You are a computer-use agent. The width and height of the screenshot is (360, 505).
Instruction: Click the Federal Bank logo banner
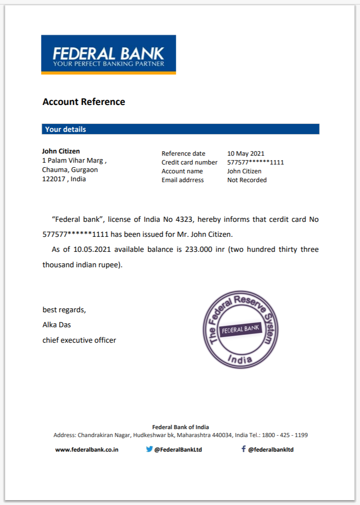coord(108,55)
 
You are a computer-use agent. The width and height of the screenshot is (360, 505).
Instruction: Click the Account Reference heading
coord(84,102)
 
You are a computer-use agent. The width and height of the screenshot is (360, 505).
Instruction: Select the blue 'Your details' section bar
coord(180,129)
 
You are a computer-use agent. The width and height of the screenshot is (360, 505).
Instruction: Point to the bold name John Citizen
coord(61,151)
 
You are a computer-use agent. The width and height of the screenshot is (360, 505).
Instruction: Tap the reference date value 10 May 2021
coord(245,153)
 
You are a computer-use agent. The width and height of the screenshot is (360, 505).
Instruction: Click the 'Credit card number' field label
coord(189,162)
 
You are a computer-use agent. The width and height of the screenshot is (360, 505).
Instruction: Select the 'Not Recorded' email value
coord(247,180)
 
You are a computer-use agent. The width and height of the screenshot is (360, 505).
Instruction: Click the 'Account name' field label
coord(182,171)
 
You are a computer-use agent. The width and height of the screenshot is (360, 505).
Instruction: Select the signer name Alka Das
coord(56,325)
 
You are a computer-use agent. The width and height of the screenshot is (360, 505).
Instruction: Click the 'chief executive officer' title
coord(79,340)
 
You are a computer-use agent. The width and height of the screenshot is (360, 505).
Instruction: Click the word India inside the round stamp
coord(240,359)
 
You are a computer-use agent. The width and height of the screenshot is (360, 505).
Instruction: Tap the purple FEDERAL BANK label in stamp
coord(241,329)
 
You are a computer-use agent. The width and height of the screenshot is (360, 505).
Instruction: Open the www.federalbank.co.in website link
coord(87,449)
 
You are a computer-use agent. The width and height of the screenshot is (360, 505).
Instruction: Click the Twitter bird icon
coord(149,449)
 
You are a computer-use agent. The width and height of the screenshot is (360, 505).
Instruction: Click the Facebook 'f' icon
coord(243,449)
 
